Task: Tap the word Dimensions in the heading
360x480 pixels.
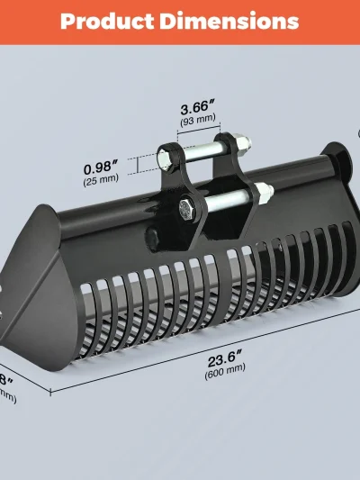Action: point(229,21)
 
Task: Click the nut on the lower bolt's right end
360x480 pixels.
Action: point(264,190)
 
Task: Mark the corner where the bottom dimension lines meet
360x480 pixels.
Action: point(49,393)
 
